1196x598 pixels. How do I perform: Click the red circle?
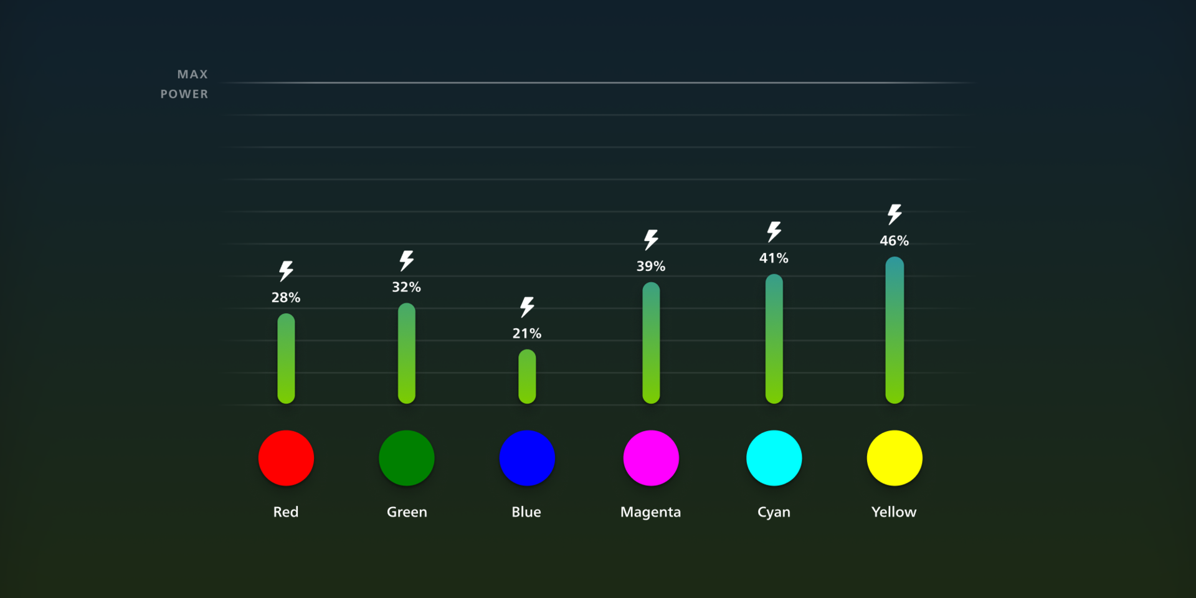tap(286, 458)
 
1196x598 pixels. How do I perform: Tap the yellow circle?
tap(895, 458)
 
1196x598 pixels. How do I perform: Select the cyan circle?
tap(774, 458)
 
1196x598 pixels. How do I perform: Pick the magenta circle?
tap(651, 458)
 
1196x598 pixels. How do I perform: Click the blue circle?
tap(527, 458)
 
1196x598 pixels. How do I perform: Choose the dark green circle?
tap(407, 458)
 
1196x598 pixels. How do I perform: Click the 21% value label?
tap(527, 333)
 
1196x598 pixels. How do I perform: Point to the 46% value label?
tap(895, 240)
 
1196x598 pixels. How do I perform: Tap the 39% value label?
tap(651, 266)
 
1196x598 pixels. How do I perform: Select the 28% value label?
tap(286, 297)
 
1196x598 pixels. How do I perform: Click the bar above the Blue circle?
tap(527, 376)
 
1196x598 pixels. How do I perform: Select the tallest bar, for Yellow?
tap(895, 330)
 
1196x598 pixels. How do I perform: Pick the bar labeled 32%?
tap(407, 353)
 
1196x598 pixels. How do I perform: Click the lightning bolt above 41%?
tap(774, 231)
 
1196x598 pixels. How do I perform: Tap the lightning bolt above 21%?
tap(527, 306)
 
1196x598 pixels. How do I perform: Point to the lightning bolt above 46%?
tap(895, 214)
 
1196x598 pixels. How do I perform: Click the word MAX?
tap(192, 74)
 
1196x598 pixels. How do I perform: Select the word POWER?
tap(184, 94)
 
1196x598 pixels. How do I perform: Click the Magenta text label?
tap(650, 512)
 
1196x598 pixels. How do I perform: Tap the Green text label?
tap(407, 512)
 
